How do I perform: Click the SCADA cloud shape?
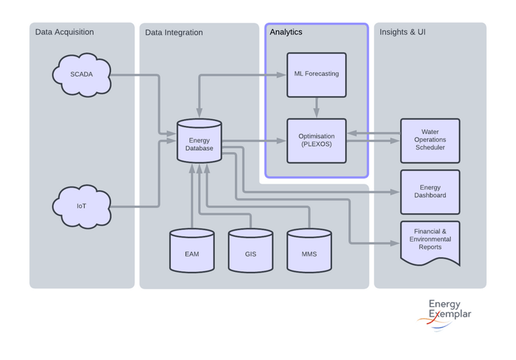click(x=81, y=74)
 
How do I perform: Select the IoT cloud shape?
click(x=81, y=206)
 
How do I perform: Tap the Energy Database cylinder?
click(x=199, y=142)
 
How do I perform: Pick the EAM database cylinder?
click(x=192, y=252)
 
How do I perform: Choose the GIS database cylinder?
click(x=250, y=252)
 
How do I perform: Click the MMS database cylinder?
click(x=309, y=252)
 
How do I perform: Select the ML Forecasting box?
click(x=316, y=74)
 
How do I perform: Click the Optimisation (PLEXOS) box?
click(x=316, y=140)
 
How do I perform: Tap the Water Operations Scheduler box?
click(x=430, y=140)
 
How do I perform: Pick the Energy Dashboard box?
click(x=430, y=191)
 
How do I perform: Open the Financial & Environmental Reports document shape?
click(x=430, y=241)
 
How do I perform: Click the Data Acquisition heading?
click(x=64, y=32)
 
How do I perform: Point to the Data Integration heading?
click(x=174, y=32)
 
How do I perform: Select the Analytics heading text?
click(x=286, y=32)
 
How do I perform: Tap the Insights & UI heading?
click(x=402, y=32)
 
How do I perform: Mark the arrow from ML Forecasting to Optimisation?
click(x=316, y=107)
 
